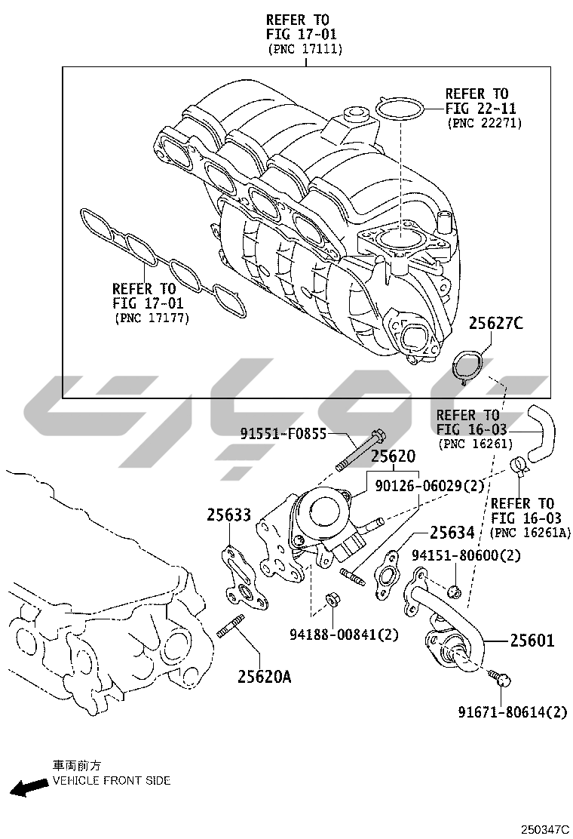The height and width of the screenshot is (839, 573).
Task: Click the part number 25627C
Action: tap(496, 324)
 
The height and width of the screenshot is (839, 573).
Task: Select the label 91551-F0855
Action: tap(284, 433)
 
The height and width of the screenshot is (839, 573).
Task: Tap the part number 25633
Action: tap(229, 515)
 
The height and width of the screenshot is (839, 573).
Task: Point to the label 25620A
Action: tap(265, 676)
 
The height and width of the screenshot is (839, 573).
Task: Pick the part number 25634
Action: tap(452, 533)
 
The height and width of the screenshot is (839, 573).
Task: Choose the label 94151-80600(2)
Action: tap(467, 556)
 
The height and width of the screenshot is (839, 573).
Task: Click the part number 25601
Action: tap(532, 641)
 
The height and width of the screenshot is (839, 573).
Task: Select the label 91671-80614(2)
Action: tap(513, 711)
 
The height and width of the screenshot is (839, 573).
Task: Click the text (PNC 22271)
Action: tap(484, 122)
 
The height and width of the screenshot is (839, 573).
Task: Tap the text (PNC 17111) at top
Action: tap(305, 49)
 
